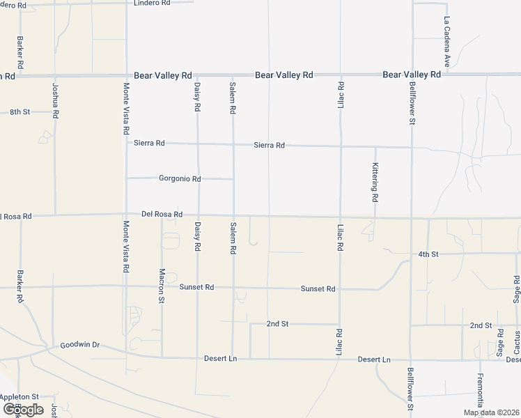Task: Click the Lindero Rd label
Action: coord(153,3)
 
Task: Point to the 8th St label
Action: coord(20,111)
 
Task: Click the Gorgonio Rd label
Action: coord(180,179)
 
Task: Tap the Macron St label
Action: coord(162,286)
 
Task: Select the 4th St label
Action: coord(428,254)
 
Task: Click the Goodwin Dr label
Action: coord(80,345)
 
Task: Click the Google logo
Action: coord(23,410)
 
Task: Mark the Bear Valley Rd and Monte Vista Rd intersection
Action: coord(126,75)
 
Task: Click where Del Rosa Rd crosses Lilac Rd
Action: coord(341,217)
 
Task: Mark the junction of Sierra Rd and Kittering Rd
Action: coord(375,146)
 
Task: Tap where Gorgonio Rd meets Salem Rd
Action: coord(233,179)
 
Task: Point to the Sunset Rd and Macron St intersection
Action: coord(162,286)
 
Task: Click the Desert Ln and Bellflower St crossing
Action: coord(411,360)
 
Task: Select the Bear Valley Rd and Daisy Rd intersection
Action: coord(197,75)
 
